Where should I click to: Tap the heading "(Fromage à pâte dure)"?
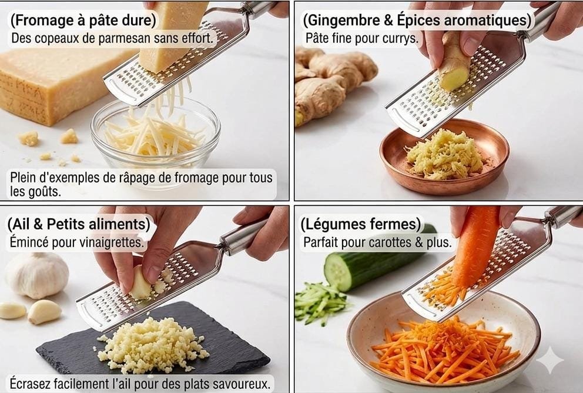(83, 21)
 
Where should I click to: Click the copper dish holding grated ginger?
(444, 157)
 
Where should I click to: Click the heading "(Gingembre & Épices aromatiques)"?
(417, 21)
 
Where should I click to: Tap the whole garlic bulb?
(37, 275)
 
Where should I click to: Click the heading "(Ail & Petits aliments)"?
(79, 224)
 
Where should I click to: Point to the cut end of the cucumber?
(337, 271)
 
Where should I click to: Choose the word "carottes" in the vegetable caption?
(390, 242)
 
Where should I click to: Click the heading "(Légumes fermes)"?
(361, 224)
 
